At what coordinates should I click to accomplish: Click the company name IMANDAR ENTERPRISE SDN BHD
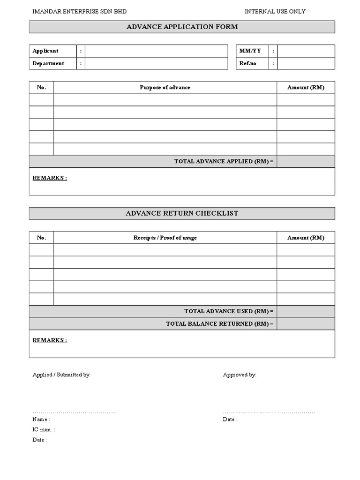[x=79, y=11]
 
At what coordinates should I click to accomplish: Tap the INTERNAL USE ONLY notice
[x=275, y=11]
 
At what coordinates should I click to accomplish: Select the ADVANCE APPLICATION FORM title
[x=182, y=27]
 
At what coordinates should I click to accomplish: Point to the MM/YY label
[x=250, y=51]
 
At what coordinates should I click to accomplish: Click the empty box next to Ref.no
[x=306, y=63]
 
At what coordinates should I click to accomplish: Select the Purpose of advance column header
[x=165, y=88]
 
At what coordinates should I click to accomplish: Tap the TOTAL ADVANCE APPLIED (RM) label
[x=224, y=161]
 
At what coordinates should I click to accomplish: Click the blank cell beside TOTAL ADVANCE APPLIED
[x=306, y=161]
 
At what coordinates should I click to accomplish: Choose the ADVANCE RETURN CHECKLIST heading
[x=182, y=213]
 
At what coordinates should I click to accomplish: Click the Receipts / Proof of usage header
[x=165, y=238]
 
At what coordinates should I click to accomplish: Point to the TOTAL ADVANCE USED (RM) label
[x=229, y=311]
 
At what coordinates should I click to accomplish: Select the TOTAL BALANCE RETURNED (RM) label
[x=219, y=324]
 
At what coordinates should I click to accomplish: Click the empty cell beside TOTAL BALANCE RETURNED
[x=306, y=324]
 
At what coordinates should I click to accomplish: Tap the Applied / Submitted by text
[x=61, y=375]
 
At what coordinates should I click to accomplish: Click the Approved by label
[x=240, y=375]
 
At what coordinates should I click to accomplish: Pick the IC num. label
[x=44, y=429]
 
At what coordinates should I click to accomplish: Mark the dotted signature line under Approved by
[x=269, y=412]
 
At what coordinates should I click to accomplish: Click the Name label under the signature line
[x=41, y=420]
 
